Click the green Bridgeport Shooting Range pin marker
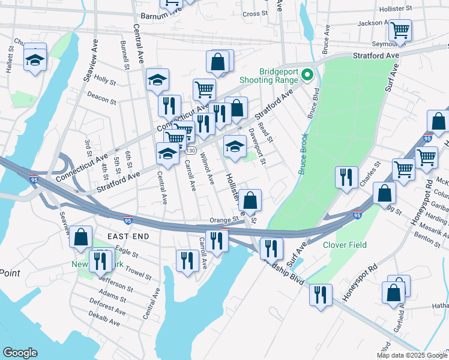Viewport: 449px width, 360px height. coord(307,75)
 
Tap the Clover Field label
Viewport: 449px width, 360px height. coord(345,245)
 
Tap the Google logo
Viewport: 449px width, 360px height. coord(20,353)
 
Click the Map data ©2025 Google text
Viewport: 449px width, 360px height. coord(412,355)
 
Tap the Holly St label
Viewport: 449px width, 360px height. coord(105,80)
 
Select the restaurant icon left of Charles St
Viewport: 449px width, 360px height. coord(346,177)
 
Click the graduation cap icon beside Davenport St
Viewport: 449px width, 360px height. coord(235,146)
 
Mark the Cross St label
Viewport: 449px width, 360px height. coord(255,13)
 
